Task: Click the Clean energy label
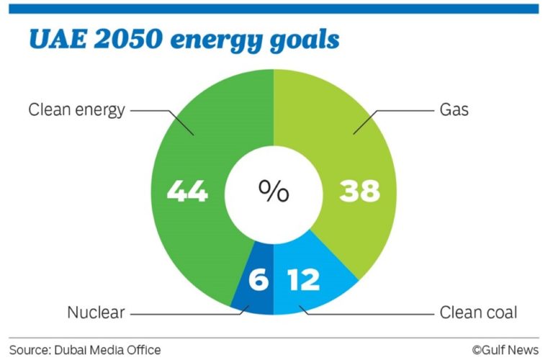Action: [x=76, y=110]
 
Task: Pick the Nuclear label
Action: [x=96, y=313]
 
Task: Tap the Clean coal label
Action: [x=478, y=313]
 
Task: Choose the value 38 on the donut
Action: [x=360, y=192]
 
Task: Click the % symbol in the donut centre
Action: [x=274, y=192]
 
